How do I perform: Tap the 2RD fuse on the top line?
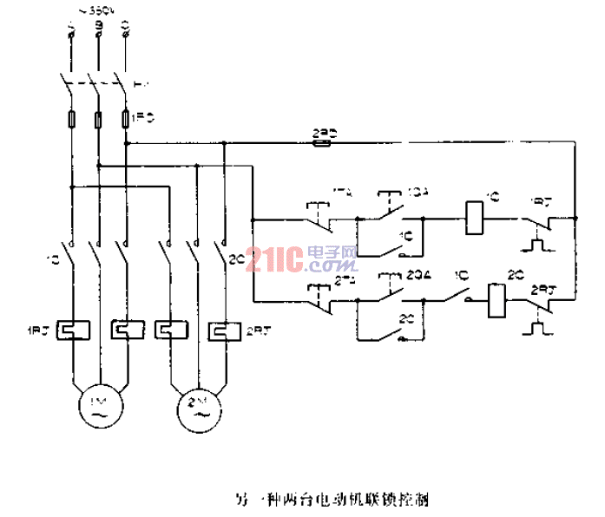click(x=319, y=144)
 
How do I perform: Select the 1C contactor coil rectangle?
click(x=475, y=216)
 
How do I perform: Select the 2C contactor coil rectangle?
click(x=496, y=300)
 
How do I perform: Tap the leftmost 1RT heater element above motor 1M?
click(x=69, y=330)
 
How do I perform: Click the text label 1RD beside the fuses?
click(x=142, y=115)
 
